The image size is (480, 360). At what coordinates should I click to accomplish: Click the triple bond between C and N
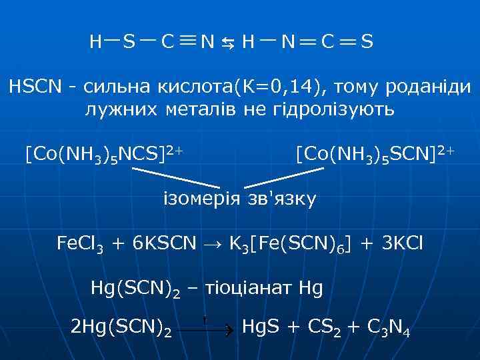188,41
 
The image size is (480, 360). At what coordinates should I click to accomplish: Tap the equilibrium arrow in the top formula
228,44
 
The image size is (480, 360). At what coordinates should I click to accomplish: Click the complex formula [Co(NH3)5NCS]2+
104,155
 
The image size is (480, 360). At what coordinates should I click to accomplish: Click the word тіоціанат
243,289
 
